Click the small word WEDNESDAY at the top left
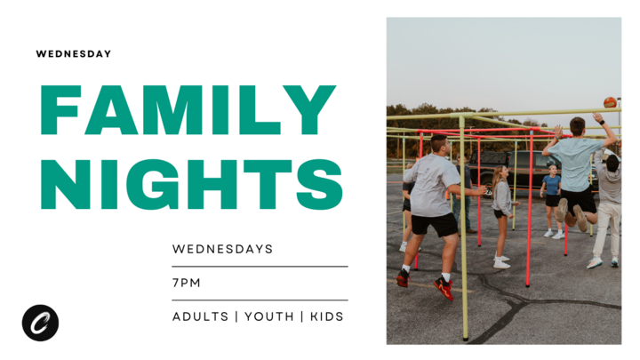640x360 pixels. (x=74, y=54)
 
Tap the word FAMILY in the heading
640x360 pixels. (x=188, y=111)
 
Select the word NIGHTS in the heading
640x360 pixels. (x=191, y=184)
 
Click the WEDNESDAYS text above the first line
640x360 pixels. (x=222, y=249)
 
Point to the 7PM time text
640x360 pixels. (x=187, y=283)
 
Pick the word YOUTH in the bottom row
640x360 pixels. (x=268, y=316)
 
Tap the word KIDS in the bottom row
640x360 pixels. (x=326, y=316)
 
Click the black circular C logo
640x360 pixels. (x=40, y=323)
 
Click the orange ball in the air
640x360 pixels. (x=610, y=103)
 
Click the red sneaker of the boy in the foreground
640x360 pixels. (x=443, y=287)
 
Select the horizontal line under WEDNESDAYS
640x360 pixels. (x=260, y=266)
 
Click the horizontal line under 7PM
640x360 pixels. (x=260, y=300)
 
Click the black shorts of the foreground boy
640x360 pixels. (x=435, y=224)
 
